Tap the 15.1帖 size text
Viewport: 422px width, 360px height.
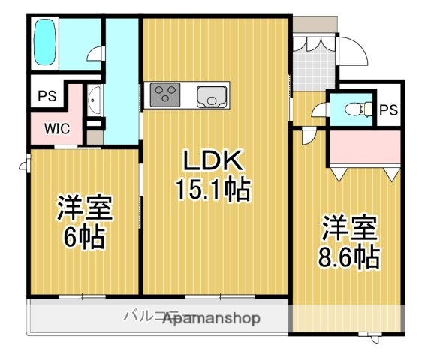pos(213,188)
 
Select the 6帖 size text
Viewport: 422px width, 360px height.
pos(84,238)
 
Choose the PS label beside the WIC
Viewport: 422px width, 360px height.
pos(46,97)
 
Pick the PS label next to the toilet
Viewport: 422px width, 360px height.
pos(387,111)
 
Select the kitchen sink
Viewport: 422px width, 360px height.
pos(211,96)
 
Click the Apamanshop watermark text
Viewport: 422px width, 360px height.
pos(211,318)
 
